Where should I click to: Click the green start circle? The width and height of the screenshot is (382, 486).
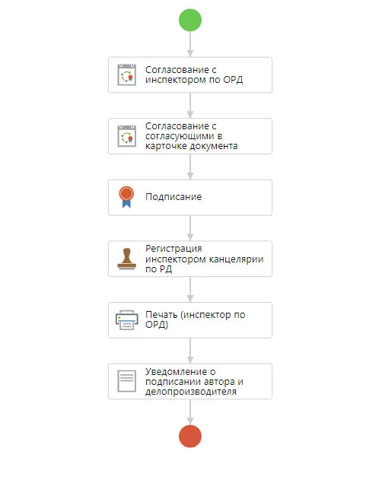(x=190, y=20)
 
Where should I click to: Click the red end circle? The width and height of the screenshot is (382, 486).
(x=190, y=436)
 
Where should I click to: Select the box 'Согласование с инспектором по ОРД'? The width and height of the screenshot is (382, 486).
(x=190, y=75)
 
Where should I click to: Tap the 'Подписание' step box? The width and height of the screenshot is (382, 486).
(x=190, y=198)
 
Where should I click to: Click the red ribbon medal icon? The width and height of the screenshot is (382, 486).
(x=126, y=197)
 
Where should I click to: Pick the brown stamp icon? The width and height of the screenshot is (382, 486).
(x=127, y=259)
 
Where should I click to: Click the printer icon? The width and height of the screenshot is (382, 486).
(x=127, y=320)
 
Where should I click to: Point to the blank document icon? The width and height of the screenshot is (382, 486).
(x=127, y=381)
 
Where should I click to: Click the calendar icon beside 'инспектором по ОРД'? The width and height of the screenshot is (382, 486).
(x=127, y=75)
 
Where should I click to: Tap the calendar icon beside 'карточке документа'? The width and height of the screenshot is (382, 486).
(x=127, y=135)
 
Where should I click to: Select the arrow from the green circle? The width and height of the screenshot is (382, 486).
(x=190, y=44)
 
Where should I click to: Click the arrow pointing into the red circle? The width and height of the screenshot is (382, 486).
(x=190, y=412)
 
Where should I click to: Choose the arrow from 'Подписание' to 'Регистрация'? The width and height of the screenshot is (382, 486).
(x=190, y=228)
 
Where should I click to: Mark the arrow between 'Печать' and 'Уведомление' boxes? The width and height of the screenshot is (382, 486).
(x=190, y=351)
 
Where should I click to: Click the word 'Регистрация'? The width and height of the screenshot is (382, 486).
(x=173, y=249)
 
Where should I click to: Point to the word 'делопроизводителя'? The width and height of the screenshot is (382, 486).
(x=191, y=392)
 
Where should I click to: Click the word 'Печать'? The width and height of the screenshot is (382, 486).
(x=161, y=315)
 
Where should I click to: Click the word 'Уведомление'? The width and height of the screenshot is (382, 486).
(x=176, y=371)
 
